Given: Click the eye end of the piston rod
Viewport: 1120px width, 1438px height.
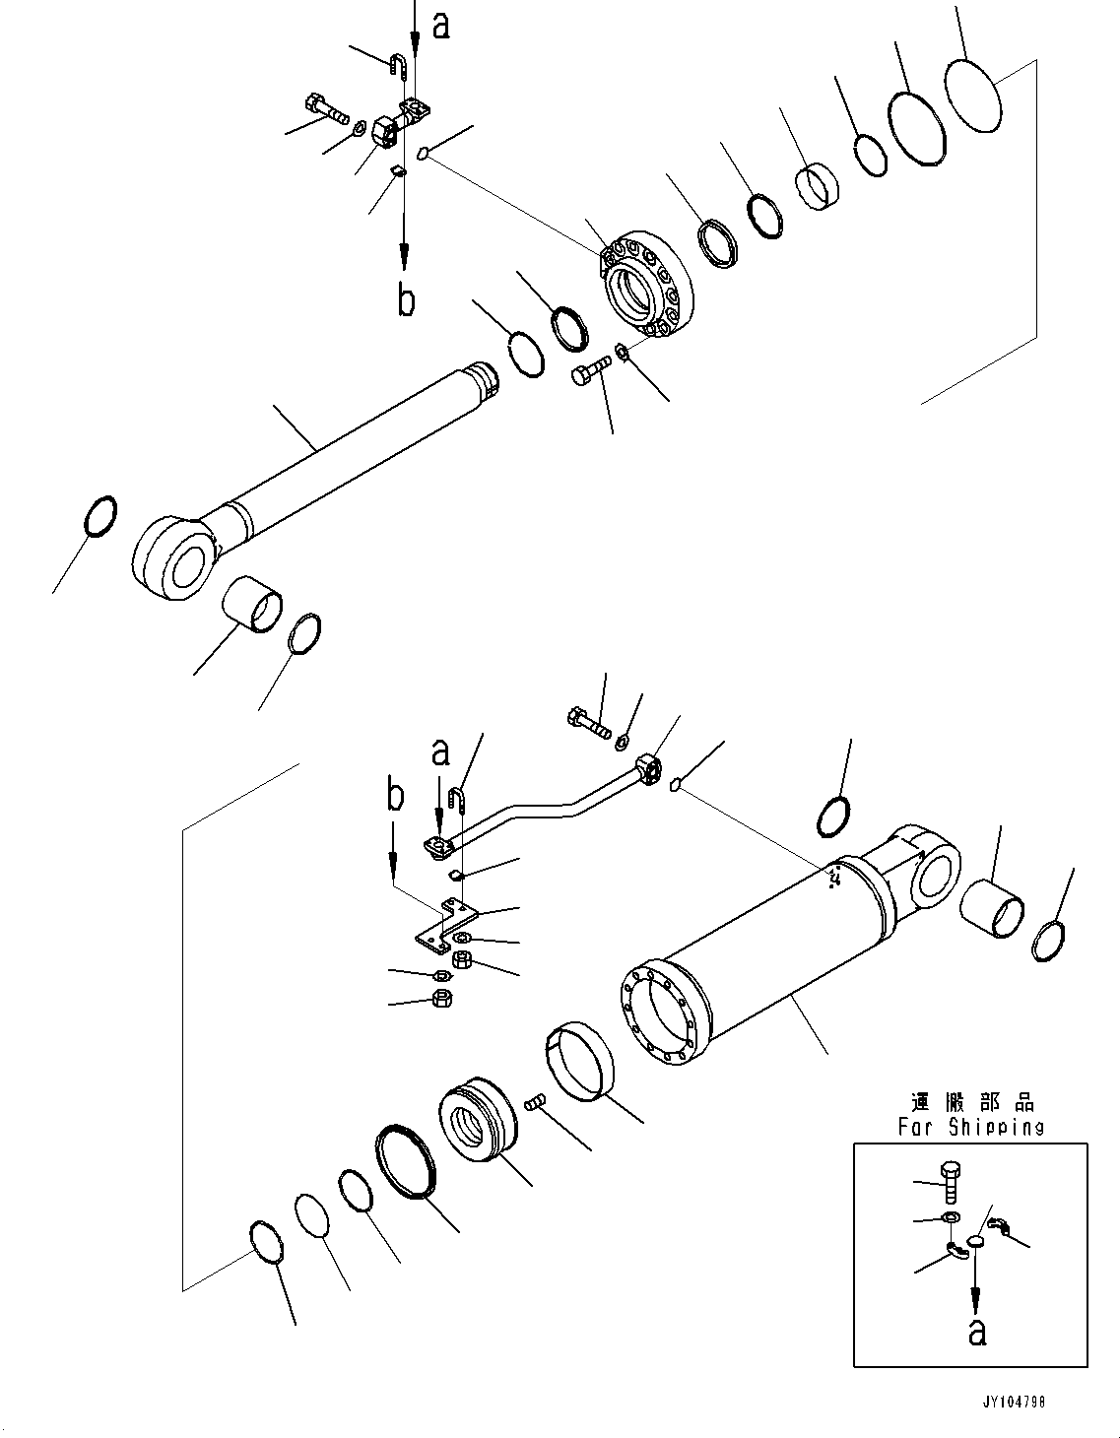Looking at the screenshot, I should tap(173, 557).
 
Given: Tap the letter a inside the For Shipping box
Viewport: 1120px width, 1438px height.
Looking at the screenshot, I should tap(976, 1332).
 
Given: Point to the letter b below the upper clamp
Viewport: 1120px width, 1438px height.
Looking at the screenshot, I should tap(406, 299).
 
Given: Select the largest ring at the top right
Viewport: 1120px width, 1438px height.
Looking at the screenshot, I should tap(972, 96).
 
